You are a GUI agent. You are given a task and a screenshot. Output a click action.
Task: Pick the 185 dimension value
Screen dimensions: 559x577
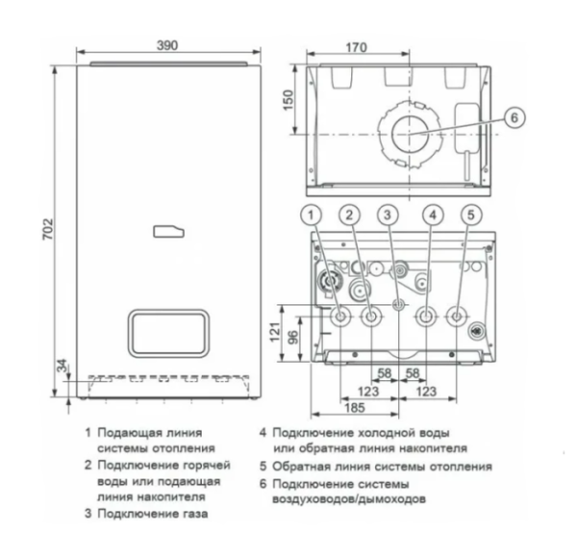(x=353, y=407)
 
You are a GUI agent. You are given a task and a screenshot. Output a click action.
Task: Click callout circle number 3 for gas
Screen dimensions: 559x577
(x=389, y=215)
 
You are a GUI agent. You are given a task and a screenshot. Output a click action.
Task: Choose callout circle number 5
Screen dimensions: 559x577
(x=470, y=215)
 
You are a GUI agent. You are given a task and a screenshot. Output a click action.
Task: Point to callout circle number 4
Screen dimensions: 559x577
(x=433, y=215)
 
